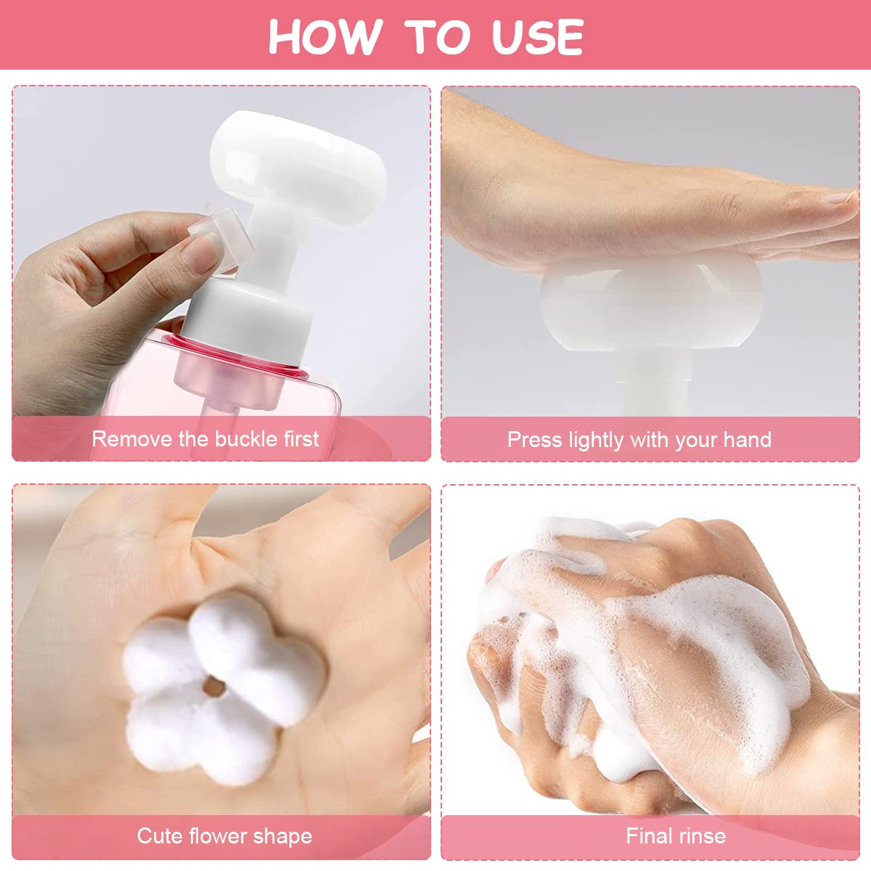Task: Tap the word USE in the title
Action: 537,36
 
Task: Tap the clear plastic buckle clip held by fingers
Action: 222,240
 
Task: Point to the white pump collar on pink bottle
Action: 250,320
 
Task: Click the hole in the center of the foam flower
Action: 214,687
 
